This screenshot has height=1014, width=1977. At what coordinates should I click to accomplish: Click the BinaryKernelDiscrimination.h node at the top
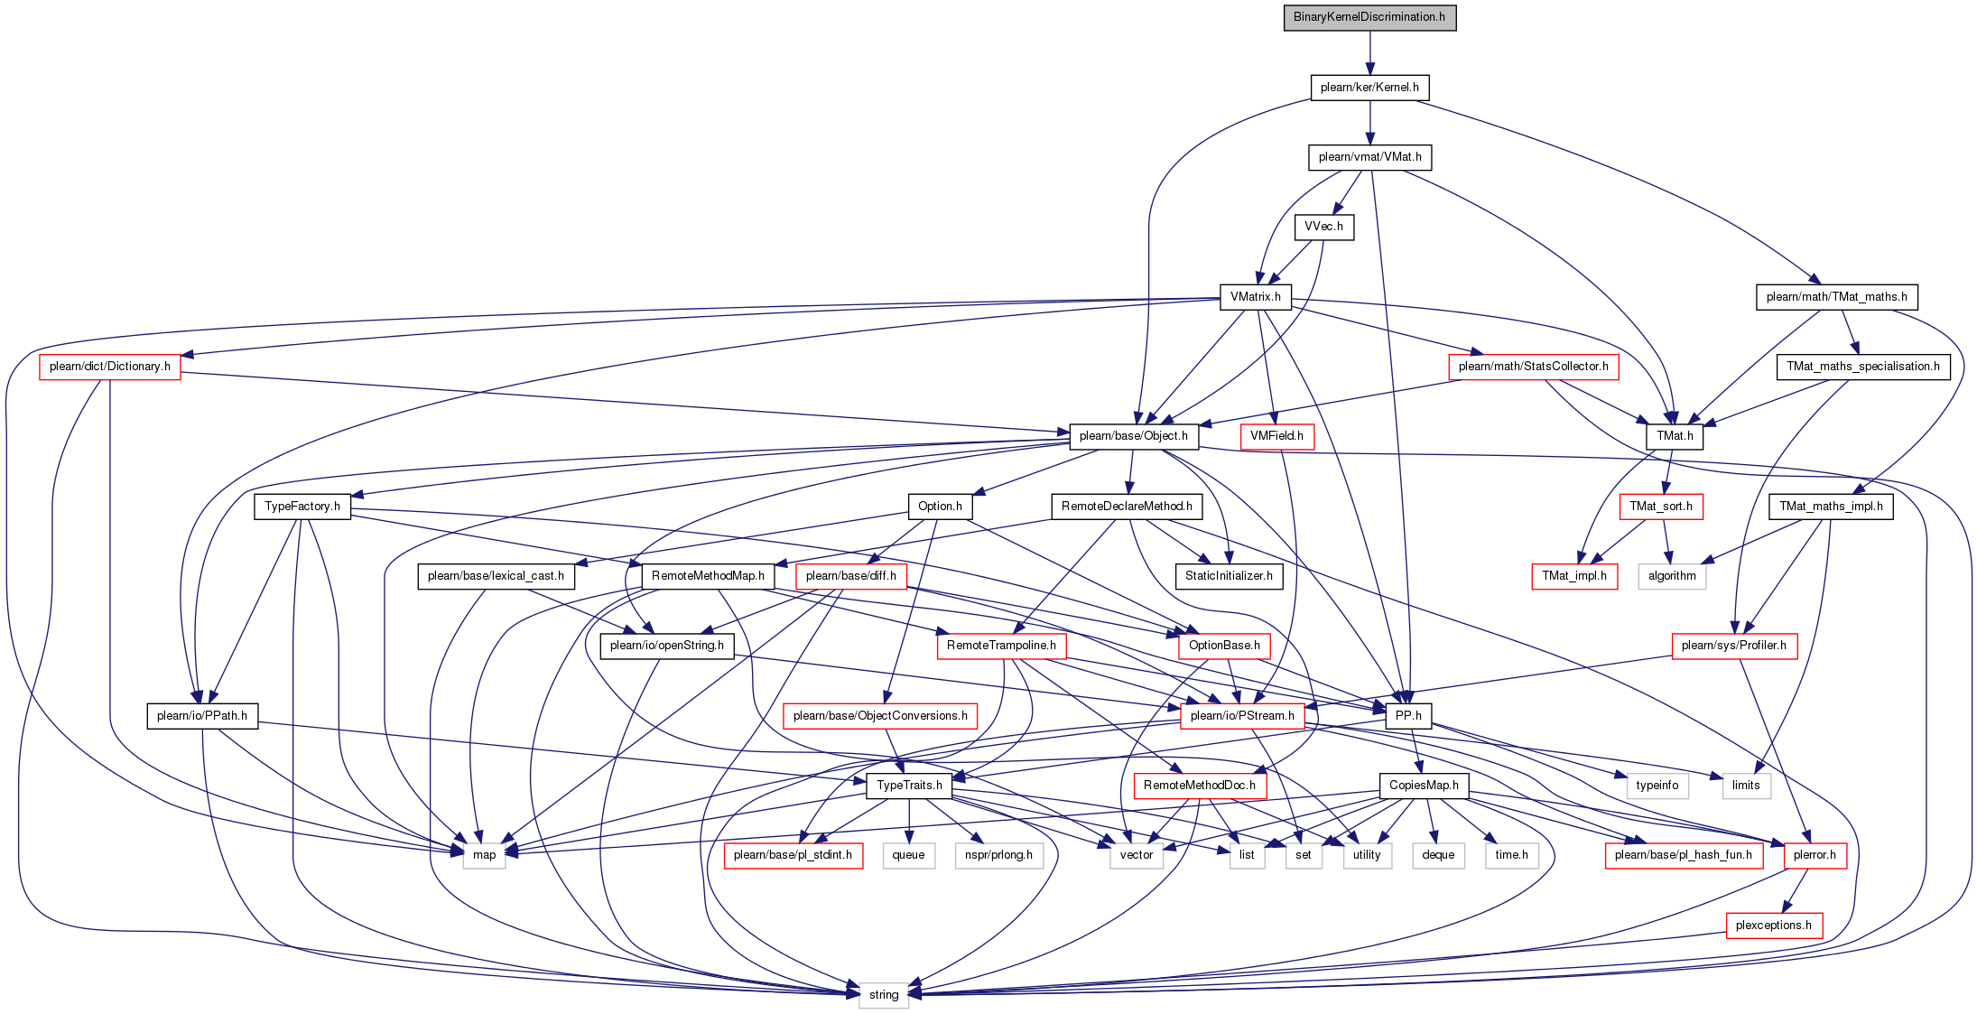1369,17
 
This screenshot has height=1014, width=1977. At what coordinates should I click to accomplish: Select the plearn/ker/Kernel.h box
1369,88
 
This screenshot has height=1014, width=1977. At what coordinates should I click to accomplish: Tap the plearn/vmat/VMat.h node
1369,157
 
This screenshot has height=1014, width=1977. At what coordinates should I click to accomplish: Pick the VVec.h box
1323,227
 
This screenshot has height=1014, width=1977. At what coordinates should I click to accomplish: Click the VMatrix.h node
1255,297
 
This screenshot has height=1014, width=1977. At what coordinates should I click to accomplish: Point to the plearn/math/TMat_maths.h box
1837,297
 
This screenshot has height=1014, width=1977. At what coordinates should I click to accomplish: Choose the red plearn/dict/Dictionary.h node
110,367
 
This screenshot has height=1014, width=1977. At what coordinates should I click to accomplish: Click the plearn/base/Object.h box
1134,436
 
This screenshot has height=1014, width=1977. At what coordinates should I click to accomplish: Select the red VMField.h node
1277,436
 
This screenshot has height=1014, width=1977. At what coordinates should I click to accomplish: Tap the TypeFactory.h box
302,507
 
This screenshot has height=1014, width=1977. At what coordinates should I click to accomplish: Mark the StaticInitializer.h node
1229,576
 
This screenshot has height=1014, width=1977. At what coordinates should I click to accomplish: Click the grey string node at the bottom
884,995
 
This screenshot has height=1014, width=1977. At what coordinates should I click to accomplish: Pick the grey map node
485,855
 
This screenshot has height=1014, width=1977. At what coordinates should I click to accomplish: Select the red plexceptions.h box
1774,926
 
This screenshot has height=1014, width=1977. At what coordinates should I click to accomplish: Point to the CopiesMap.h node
1424,786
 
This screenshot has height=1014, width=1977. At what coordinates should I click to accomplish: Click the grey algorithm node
1672,576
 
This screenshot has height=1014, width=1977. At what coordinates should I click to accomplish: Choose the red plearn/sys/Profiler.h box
1734,646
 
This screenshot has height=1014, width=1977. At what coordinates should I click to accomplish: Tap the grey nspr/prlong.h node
998,855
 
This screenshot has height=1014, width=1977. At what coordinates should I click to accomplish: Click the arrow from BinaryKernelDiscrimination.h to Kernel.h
1369,52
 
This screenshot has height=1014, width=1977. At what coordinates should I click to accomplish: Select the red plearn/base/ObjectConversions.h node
880,716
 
